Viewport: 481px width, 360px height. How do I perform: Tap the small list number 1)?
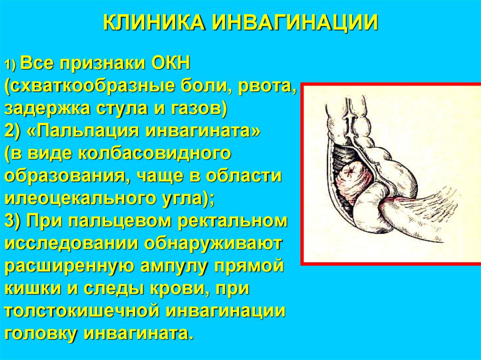(11, 65)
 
